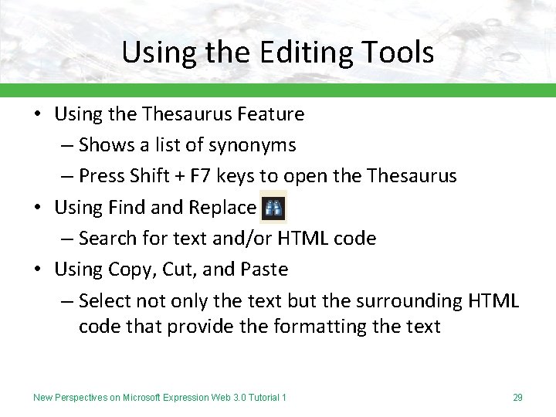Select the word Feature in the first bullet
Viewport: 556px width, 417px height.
click(271, 114)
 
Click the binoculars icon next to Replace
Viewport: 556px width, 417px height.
click(273, 208)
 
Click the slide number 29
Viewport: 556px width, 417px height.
click(517, 398)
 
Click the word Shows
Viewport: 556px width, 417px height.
click(106, 145)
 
